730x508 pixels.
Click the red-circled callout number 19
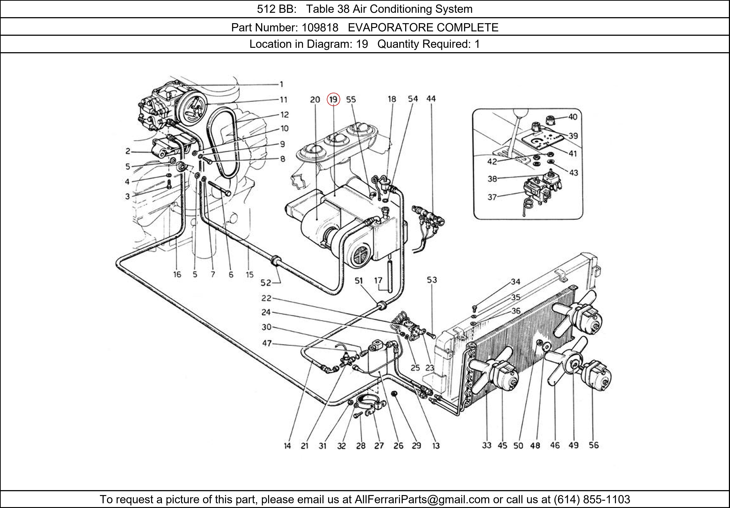(x=333, y=99)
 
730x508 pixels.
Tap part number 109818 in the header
(x=320, y=28)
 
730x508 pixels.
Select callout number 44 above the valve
(x=431, y=99)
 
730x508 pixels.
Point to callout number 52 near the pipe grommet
(x=266, y=283)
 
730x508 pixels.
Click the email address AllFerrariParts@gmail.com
(x=422, y=499)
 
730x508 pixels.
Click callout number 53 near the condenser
(x=432, y=280)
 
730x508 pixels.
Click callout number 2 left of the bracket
(x=128, y=151)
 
